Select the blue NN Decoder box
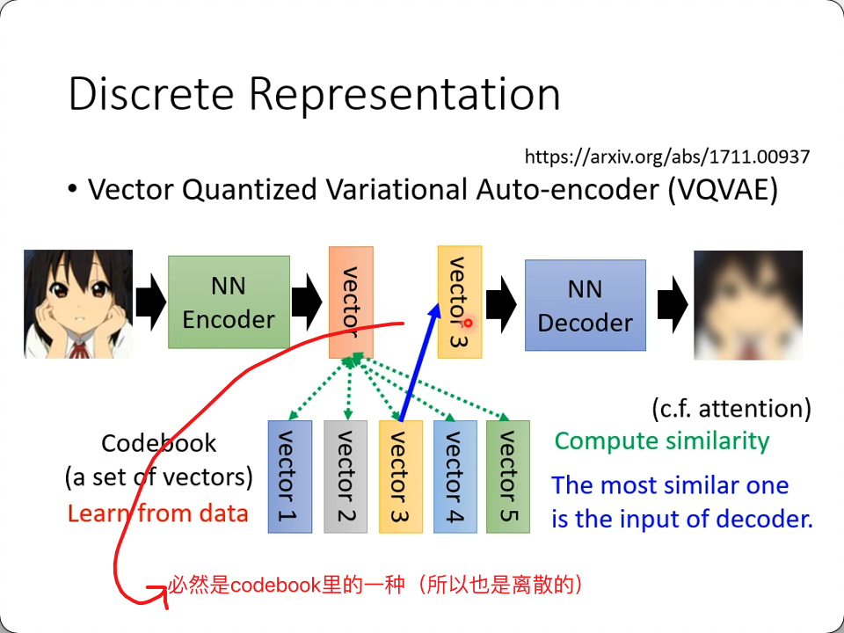click(585, 305)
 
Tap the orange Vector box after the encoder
click(351, 302)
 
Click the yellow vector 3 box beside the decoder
click(459, 302)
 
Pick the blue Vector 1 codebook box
click(289, 477)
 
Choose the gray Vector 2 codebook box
click(345, 477)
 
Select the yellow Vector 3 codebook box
click(400, 477)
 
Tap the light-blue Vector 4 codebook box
click(455, 477)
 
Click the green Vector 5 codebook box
click(508, 477)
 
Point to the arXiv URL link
click(666, 157)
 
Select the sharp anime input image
click(78, 303)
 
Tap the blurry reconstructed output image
click(747, 305)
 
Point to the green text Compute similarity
click(661, 440)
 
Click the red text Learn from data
click(158, 513)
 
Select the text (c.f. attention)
click(731, 408)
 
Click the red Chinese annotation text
click(376, 585)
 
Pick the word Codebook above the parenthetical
click(158, 443)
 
